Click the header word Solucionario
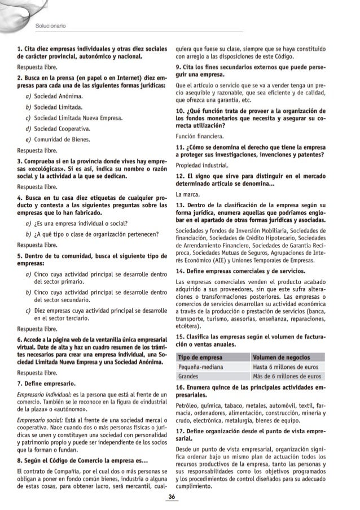50,25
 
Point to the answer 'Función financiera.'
200,136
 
